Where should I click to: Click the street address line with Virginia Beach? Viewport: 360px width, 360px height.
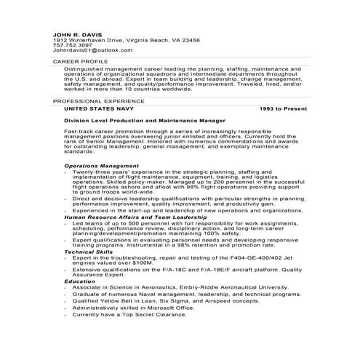click(121, 40)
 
